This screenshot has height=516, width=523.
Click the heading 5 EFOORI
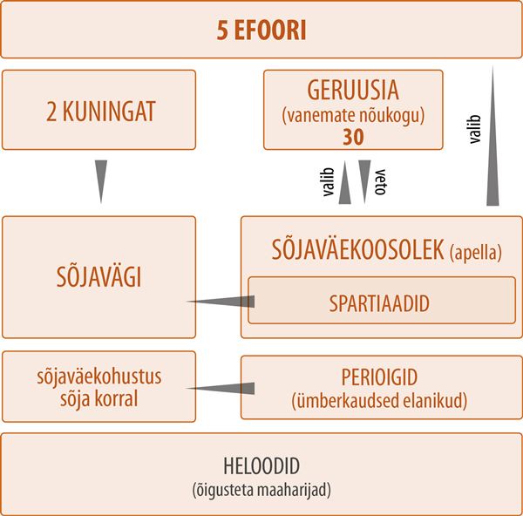(x=261, y=31)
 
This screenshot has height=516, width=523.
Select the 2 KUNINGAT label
(x=101, y=112)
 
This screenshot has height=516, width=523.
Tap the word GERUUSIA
(x=353, y=90)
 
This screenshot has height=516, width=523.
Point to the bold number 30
(x=353, y=137)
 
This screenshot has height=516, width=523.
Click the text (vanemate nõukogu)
(x=353, y=116)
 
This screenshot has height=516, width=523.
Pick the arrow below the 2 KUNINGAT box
(x=101, y=182)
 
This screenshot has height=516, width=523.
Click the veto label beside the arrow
(x=381, y=182)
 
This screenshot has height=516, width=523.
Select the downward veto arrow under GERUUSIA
(x=364, y=182)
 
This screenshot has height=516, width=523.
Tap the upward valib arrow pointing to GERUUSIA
(x=345, y=182)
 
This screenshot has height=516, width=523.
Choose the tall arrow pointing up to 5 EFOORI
(x=492, y=135)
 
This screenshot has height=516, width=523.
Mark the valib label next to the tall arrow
(x=475, y=129)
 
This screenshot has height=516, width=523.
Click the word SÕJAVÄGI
(x=99, y=277)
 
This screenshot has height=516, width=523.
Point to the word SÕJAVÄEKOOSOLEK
(x=358, y=250)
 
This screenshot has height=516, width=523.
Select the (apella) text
(x=476, y=253)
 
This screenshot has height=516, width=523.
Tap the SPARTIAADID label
(x=379, y=303)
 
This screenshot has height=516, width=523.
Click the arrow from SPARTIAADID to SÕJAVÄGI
(x=221, y=302)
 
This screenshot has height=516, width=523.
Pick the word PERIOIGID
(x=379, y=377)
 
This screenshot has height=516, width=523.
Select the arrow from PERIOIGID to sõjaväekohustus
(x=221, y=388)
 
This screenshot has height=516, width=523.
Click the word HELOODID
(x=261, y=466)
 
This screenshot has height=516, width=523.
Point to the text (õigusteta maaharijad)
(x=261, y=490)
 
